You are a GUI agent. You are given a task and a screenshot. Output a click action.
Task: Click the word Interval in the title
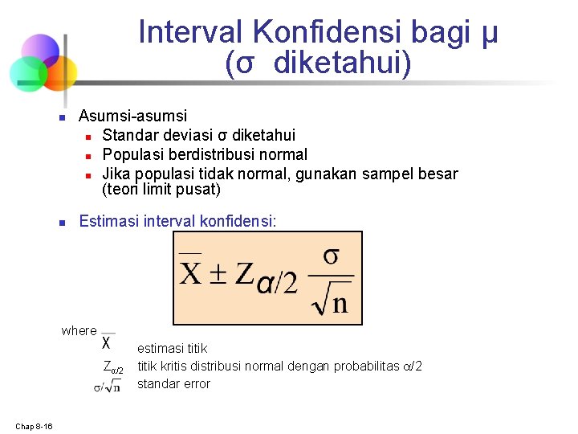[x=191, y=32]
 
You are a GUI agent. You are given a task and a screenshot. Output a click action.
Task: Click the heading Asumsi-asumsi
[x=132, y=117]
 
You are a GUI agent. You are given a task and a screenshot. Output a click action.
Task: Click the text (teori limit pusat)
[x=161, y=190]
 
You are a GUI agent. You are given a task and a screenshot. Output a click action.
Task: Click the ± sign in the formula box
[x=218, y=275]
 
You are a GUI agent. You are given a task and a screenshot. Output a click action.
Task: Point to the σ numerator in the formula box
[x=331, y=256]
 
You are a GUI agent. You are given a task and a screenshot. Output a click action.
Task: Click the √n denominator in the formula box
[x=330, y=301]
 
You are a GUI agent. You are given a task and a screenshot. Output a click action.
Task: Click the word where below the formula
[x=79, y=330]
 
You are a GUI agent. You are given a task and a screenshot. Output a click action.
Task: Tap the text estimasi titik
[x=172, y=349]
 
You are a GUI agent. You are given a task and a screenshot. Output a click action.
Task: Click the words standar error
[x=173, y=384]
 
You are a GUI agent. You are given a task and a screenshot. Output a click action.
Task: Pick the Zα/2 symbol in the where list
[x=113, y=367]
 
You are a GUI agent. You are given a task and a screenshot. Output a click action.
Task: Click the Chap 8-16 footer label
[x=33, y=426]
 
